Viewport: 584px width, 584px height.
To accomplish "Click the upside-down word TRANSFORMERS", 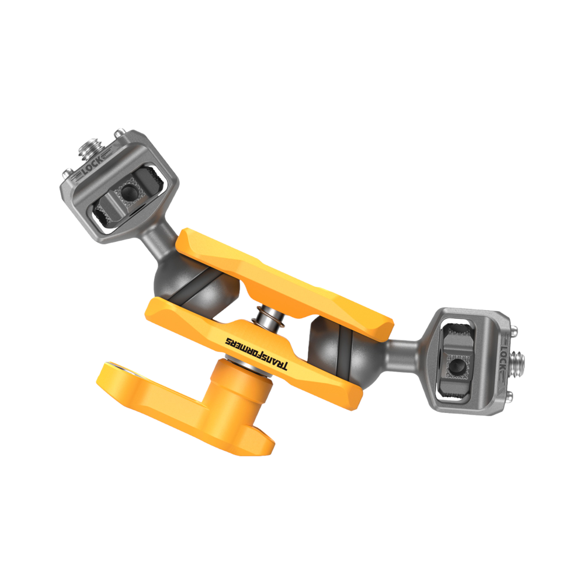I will [257, 354].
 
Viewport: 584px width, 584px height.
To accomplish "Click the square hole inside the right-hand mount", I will [457, 366].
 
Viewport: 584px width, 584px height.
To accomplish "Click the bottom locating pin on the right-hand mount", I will [509, 397].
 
